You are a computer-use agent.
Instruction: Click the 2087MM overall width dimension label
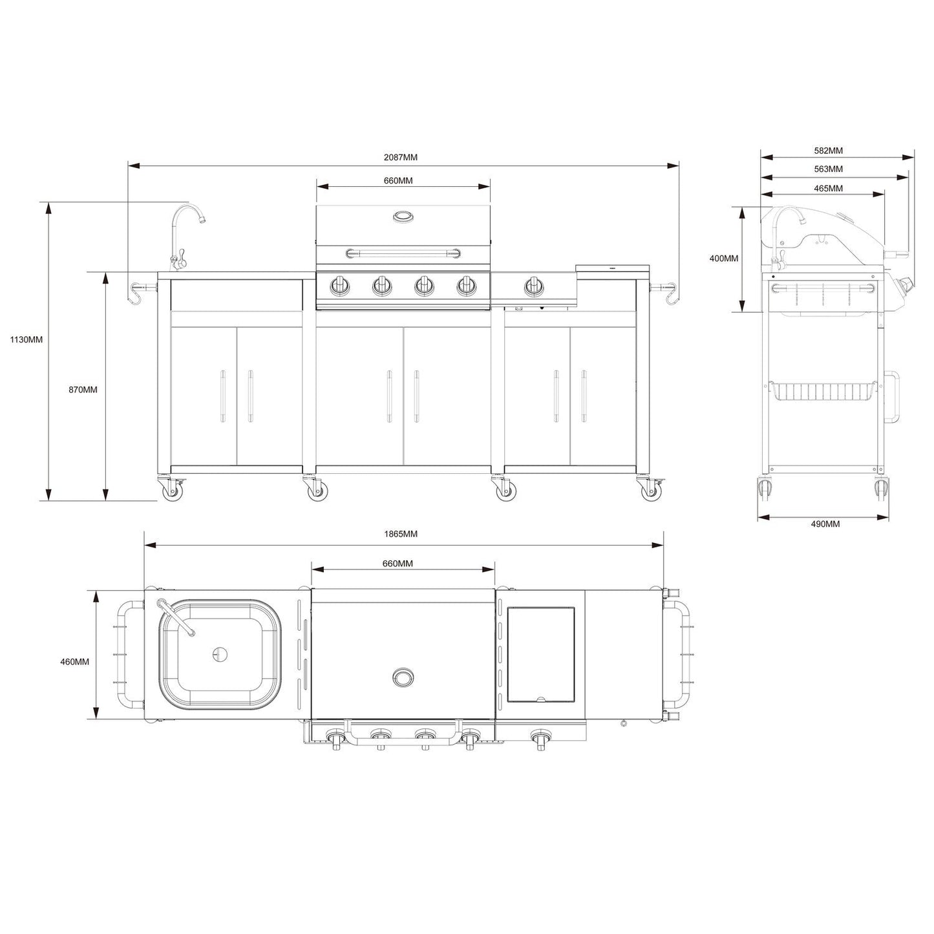click(400, 157)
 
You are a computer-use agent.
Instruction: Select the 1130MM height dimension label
click(27, 339)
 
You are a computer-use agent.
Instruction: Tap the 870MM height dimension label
click(83, 390)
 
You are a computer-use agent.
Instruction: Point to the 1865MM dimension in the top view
click(401, 534)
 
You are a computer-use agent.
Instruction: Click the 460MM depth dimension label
click(74, 661)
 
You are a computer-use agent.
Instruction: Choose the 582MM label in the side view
click(828, 151)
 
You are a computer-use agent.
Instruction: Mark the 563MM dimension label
click(828, 169)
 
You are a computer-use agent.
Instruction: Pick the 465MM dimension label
click(828, 189)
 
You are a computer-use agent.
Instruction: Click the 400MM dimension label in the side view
click(724, 259)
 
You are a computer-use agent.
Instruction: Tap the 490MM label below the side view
click(825, 524)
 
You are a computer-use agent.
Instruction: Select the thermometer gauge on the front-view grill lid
click(403, 217)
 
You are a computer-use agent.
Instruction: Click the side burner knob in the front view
click(533, 285)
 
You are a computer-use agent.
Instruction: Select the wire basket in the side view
click(823, 391)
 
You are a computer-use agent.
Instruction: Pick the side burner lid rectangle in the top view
click(541, 654)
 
